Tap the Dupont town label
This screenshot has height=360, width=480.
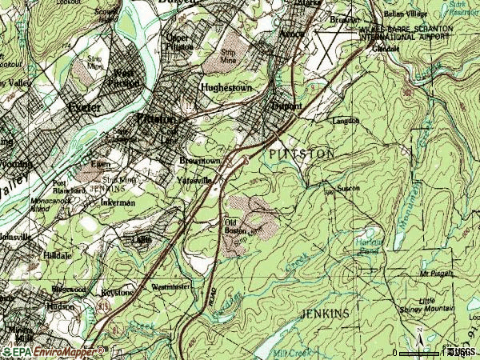pos(286,106)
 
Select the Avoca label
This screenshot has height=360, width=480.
pos(293,34)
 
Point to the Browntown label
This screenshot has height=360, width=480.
pos(199,160)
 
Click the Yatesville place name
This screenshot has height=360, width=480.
pos(195,180)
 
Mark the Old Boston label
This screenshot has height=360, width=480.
pos(234,226)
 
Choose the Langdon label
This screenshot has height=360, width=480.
pos(346,121)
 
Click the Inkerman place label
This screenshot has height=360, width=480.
pos(118,203)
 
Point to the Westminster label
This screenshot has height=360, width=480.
pos(170,286)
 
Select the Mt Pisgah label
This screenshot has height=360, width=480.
pos(436,273)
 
